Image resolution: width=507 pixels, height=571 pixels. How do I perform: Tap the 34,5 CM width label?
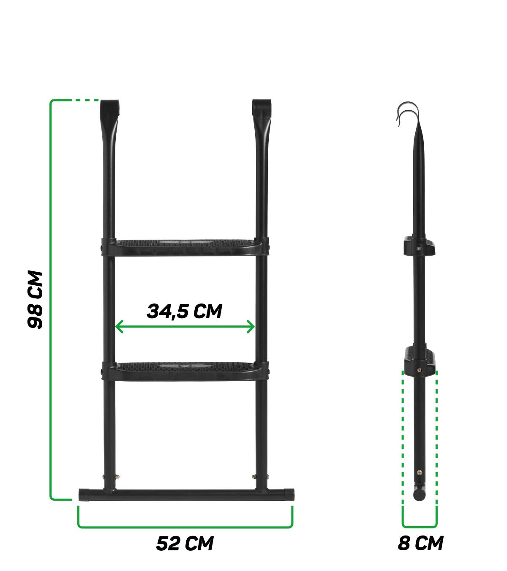185,311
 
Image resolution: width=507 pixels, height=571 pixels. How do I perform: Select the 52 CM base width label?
185,543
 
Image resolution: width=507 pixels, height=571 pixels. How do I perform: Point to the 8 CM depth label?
420,543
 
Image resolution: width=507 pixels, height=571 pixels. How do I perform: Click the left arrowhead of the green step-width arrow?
118,327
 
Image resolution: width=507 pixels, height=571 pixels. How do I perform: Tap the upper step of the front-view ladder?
185,247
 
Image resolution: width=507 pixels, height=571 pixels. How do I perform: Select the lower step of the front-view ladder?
185,370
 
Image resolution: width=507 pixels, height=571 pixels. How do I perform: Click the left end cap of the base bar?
83,495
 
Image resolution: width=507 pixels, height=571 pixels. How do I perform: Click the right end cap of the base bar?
289,495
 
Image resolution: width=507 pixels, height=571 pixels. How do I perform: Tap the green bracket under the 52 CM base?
185,527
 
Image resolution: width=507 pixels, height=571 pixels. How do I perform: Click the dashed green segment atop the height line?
87,100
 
